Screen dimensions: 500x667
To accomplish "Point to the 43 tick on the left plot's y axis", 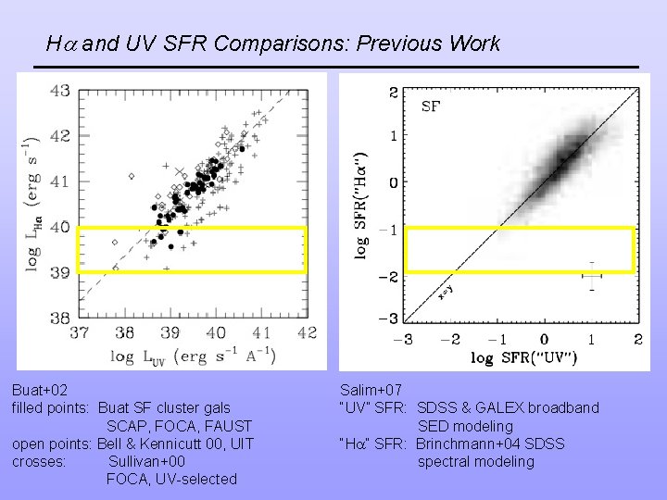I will [59, 91].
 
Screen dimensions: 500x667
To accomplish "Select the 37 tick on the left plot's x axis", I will [79, 332].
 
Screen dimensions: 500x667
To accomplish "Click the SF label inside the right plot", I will [431, 106].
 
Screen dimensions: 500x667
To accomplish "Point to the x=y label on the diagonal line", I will [447, 292].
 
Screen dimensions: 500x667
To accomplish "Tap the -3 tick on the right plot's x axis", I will [405, 340].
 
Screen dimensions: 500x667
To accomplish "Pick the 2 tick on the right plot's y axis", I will [393, 92].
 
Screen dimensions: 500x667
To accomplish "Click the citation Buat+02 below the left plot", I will [40, 390].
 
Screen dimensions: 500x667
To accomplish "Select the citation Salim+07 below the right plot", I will [371, 390].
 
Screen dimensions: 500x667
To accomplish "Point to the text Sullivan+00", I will [146, 461].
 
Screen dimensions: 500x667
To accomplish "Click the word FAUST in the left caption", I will [227, 426].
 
